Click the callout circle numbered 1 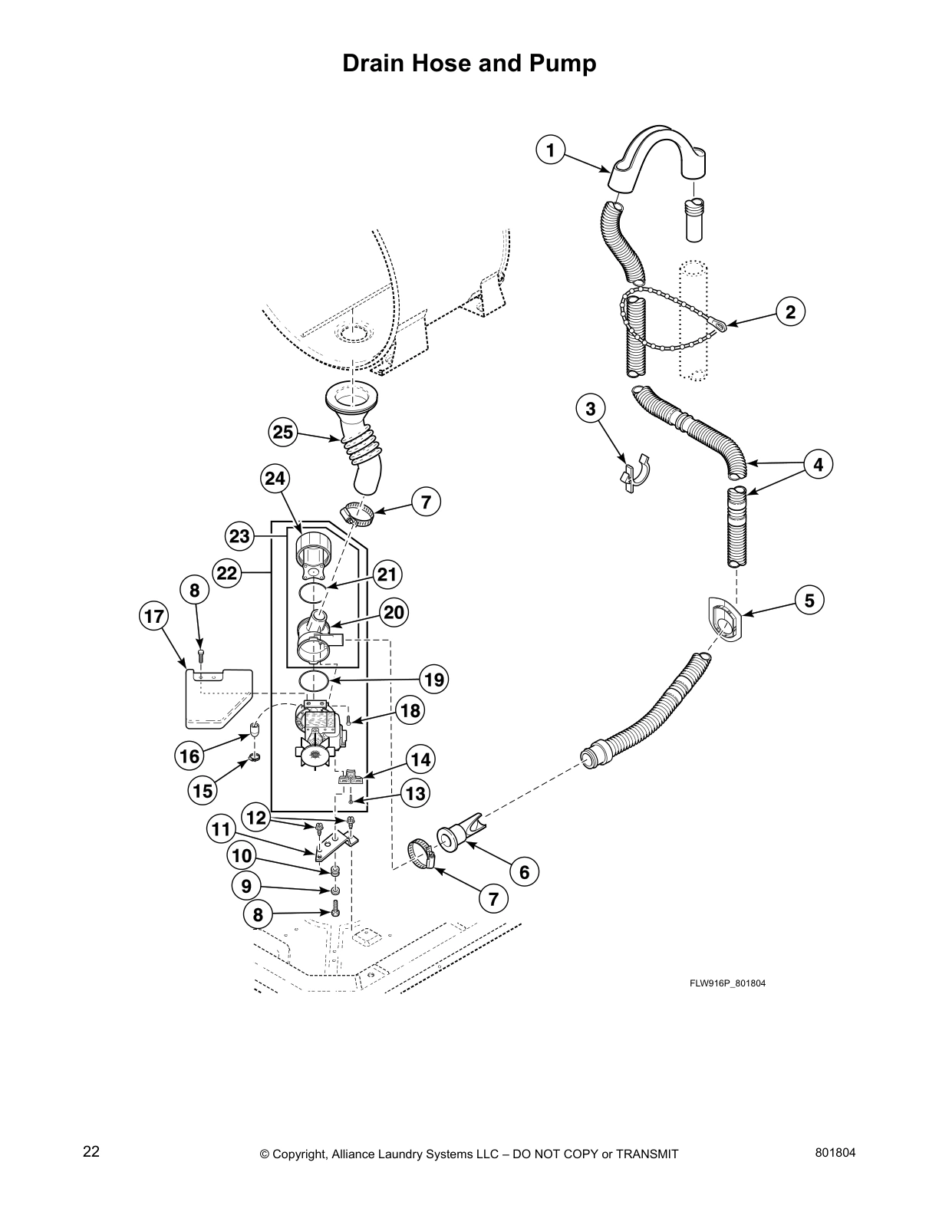pos(550,150)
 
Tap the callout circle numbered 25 pos(283,432)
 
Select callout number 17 pos(153,616)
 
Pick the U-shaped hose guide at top pos(658,157)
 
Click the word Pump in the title pos(564,63)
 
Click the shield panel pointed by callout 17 pos(216,699)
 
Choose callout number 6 pos(525,872)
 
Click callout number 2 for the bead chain pos(790,311)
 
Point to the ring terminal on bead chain pos(720,328)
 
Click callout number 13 pos(415,793)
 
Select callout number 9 pos(246,887)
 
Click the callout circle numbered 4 pos(818,464)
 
